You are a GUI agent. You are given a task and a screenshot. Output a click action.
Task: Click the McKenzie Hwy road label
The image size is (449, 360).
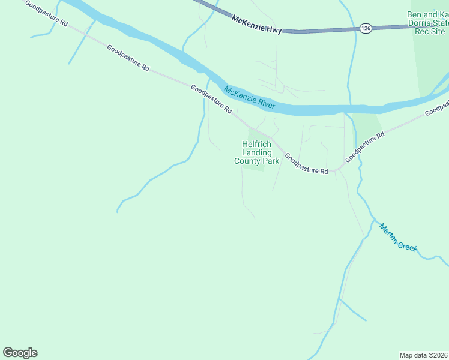point(256,24)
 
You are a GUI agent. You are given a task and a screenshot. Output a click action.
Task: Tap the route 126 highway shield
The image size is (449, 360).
point(366,28)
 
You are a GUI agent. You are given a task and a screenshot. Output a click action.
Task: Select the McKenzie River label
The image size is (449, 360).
point(249,98)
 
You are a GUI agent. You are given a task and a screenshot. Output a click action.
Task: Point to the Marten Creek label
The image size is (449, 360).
point(397,237)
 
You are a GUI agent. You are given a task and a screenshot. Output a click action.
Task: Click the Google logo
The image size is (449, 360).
point(20,353)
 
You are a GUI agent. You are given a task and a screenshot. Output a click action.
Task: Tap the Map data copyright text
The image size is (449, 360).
point(424,355)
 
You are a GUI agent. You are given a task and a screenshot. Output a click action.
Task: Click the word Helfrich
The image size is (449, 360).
point(257,144)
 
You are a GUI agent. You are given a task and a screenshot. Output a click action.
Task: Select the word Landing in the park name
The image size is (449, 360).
point(257,152)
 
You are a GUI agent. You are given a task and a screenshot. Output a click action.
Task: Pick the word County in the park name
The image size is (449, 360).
point(247,161)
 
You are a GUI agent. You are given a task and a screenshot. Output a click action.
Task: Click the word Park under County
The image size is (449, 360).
point(271,161)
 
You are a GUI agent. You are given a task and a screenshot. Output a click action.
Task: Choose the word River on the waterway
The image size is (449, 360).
point(266,103)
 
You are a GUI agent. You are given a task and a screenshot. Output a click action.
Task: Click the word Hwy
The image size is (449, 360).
point(274,29)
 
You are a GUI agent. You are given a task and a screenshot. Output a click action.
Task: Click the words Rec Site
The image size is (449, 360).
point(430,31)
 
